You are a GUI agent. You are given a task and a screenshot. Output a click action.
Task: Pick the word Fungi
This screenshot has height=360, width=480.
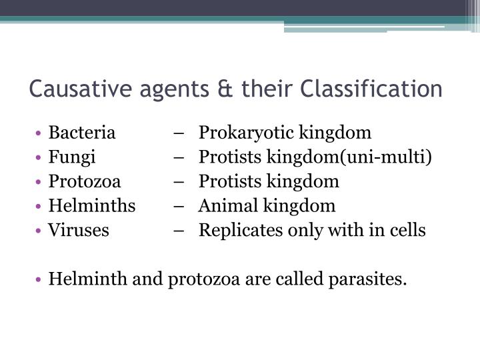71,157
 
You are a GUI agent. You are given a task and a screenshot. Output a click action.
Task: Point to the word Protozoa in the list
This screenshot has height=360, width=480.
84,181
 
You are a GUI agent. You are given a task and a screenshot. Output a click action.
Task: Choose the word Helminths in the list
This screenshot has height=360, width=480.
91,206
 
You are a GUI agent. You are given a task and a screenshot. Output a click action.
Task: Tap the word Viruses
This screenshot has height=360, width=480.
78,231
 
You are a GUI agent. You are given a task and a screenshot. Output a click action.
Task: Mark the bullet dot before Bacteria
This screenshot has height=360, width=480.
41,133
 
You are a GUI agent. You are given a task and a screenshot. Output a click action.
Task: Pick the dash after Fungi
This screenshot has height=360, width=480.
182,157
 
